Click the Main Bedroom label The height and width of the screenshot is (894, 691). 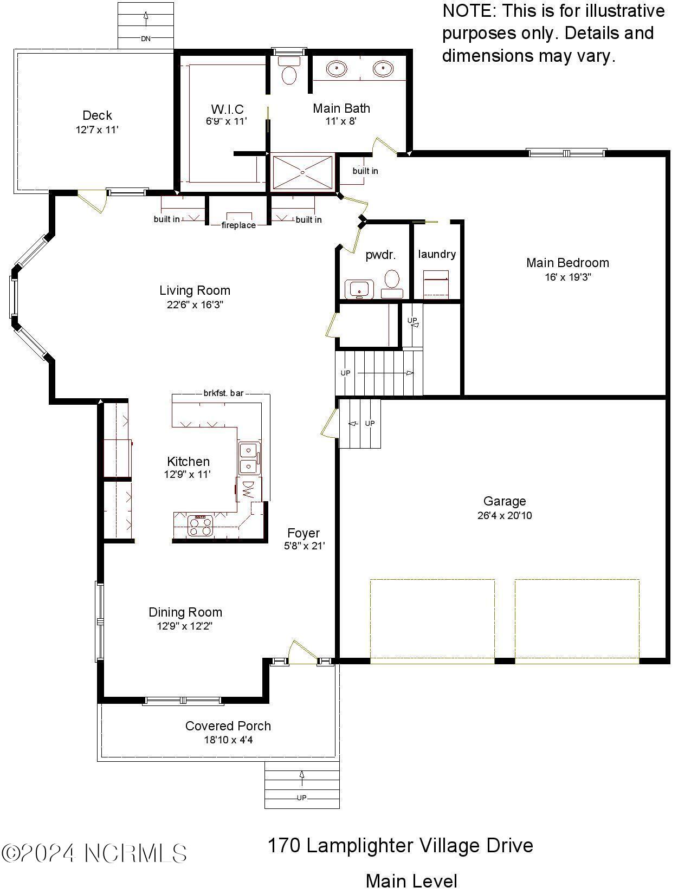(567, 263)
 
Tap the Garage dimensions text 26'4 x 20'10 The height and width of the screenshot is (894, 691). (504, 516)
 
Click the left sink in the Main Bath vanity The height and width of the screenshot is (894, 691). (337, 68)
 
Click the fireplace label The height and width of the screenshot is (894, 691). (238, 225)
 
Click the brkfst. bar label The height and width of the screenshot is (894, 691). (224, 393)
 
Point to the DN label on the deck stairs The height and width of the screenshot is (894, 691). (146, 38)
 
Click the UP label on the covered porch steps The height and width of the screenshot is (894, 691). (301, 798)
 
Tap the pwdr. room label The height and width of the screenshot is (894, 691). (380, 255)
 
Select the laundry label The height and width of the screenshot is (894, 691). (437, 254)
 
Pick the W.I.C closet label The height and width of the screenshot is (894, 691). (227, 109)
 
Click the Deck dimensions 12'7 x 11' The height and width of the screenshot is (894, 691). (97, 130)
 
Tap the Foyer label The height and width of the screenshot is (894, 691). (303, 533)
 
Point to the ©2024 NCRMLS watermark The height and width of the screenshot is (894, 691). (94, 853)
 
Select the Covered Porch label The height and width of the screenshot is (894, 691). (228, 726)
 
